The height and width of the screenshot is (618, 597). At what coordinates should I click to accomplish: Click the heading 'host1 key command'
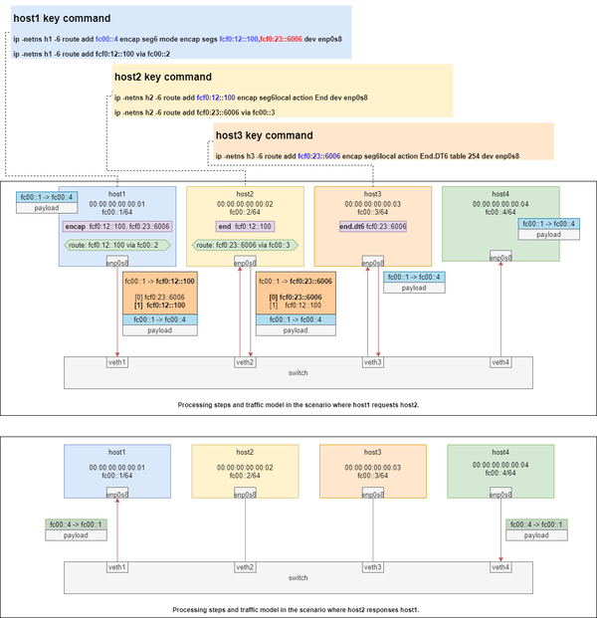coord(54,17)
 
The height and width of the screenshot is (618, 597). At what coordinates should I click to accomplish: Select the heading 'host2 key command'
coord(162,77)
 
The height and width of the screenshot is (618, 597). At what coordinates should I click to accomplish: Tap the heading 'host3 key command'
coord(264,135)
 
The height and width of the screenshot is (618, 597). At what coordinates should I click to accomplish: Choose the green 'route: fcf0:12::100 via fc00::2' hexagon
coord(117,244)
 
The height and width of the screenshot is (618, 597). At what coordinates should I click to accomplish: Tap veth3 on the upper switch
coord(373,361)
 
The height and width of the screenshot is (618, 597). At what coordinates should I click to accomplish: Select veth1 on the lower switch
coord(117,566)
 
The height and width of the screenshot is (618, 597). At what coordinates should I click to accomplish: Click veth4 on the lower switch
coord(500,566)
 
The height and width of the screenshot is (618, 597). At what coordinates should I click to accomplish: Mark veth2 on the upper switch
coord(245,361)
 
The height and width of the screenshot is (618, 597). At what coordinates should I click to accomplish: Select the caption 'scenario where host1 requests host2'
coord(298,406)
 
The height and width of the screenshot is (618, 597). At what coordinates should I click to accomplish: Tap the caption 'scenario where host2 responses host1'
coord(298,608)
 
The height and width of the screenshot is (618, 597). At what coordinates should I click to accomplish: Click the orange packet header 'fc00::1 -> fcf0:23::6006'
coord(294,282)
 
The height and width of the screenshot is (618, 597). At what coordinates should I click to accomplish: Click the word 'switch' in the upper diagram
coord(297,373)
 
